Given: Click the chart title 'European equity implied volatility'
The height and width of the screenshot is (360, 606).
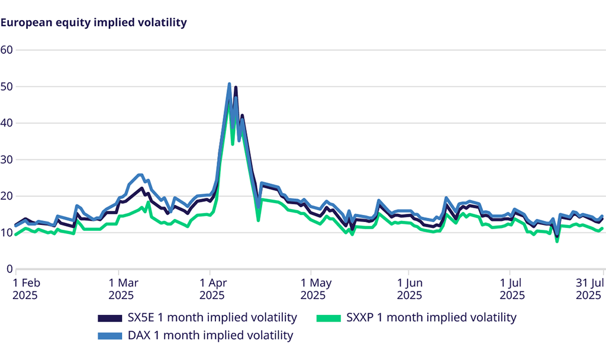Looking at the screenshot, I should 94,23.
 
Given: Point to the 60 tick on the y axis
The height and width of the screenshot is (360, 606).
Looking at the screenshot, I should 7,50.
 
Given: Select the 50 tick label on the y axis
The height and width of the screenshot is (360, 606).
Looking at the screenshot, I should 7,86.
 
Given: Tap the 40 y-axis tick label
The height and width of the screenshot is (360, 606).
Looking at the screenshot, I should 7,123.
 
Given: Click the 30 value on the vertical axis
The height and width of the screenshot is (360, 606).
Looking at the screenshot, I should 7,160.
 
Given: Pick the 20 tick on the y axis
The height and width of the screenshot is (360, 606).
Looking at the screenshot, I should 7,196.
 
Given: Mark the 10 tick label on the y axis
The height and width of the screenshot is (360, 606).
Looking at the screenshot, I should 7,233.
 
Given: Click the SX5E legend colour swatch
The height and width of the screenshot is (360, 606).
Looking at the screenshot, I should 110,318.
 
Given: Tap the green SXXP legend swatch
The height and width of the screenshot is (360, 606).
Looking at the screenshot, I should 329,318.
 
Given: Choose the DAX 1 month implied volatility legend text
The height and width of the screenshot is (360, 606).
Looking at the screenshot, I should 211,336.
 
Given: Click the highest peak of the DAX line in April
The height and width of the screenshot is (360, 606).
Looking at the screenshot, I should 229,84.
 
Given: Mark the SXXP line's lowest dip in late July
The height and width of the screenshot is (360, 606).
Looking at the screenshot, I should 557,241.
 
